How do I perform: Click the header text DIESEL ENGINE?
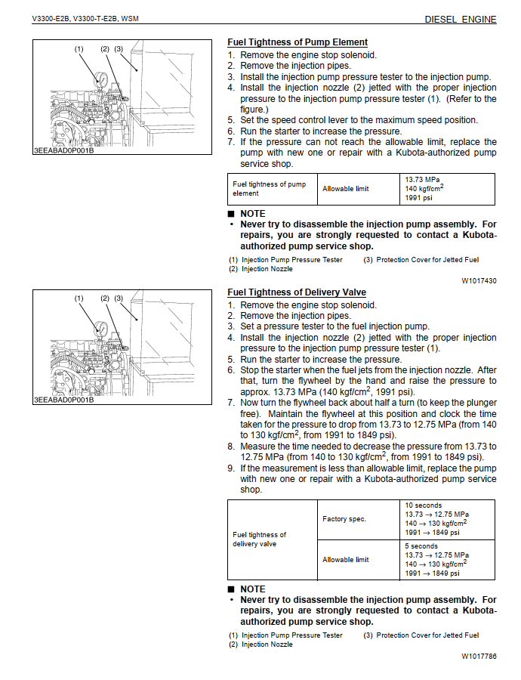[x=461, y=19]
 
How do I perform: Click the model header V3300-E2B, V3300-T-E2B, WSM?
[x=85, y=19]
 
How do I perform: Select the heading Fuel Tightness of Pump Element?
[x=297, y=42]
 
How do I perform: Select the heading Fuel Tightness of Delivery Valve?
[x=297, y=292]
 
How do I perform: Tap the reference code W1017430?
[x=479, y=280]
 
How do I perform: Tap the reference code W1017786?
[x=479, y=656]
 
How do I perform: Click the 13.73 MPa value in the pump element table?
[x=423, y=180]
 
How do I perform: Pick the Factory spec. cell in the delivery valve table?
[x=344, y=519]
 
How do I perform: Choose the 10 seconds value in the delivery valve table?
[x=424, y=505]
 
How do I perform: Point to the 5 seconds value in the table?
[x=421, y=546]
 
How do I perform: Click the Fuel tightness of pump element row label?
[x=269, y=189]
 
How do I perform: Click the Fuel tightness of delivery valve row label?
[x=260, y=539]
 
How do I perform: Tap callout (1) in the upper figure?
[x=79, y=49]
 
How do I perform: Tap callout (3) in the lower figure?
[x=119, y=298]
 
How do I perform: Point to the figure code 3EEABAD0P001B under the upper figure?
[x=63, y=150]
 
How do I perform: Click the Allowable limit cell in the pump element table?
[x=346, y=189]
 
